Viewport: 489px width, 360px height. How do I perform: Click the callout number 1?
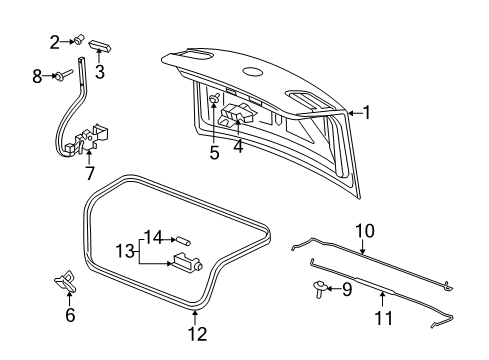tap(367, 113)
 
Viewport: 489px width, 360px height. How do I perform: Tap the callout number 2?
tap(55, 41)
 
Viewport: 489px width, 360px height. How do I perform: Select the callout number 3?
tap(99, 71)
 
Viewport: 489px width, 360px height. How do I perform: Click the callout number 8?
tap(38, 74)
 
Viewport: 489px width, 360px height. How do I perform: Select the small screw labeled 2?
tap(76, 41)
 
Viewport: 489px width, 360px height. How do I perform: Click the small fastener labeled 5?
tap(215, 100)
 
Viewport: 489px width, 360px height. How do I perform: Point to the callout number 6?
tap(70, 316)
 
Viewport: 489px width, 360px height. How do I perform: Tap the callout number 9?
tap(347, 290)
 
